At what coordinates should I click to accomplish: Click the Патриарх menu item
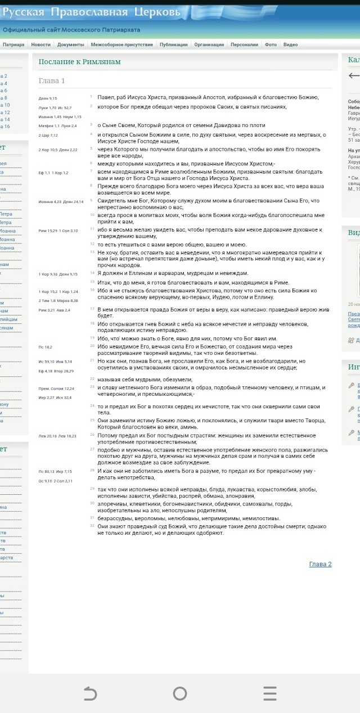pyautogui.click(x=13, y=44)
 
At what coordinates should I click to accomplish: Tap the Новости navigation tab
pyautogui.click(x=40, y=44)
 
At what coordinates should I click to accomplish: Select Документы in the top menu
pyautogui.click(x=70, y=44)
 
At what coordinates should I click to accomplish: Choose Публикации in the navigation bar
pyautogui.click(x=173, y=44)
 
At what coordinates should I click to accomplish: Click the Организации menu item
pyautogui.click(x=209, y=44)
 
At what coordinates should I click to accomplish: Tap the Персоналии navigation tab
pyautogui.click(x=244, y=44)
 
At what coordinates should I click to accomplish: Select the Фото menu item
pyautogui.click(x=271, y=44)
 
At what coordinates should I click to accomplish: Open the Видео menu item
pyautogui.click(x=290, y=44)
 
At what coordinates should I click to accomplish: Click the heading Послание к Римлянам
pyautogui.click(x=79, y=62)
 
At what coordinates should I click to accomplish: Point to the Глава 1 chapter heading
pyautogui.click(x=52, y=81)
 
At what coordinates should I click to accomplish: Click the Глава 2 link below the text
pyautogui.click(x=320, y=564)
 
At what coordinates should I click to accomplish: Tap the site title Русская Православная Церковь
pyautogui.click(x=91, y=12)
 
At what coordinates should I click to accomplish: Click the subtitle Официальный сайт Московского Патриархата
pyautogui.click(x=71, y=30)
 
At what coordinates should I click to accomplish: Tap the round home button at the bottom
pyautogui.click(x=180, y=693)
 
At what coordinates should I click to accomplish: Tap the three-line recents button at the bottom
pyautogui.click(x=270, y=693)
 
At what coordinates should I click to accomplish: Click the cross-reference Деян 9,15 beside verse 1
pyautogui.click(x=48, y=98)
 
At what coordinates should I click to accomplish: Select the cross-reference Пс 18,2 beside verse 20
pyautogui.click(x=45, y=347)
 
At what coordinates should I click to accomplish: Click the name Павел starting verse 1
pyautogui.click(x=105, y=97)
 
